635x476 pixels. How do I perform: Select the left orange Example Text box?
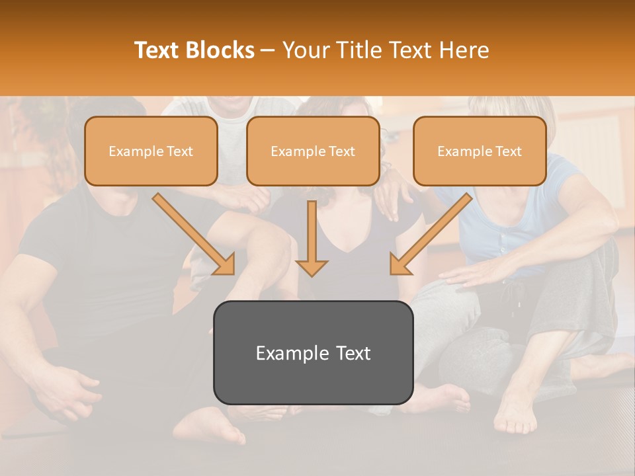[x=151, y=151]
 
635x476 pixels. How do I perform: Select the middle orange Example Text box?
[x=313, y=151]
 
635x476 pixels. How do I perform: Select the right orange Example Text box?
[x=480, y=151]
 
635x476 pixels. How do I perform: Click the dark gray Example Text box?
[x=313, y=353]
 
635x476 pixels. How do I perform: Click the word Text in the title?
[x=159, y=50]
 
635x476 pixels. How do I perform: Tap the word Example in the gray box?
[x=284, y=353]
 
